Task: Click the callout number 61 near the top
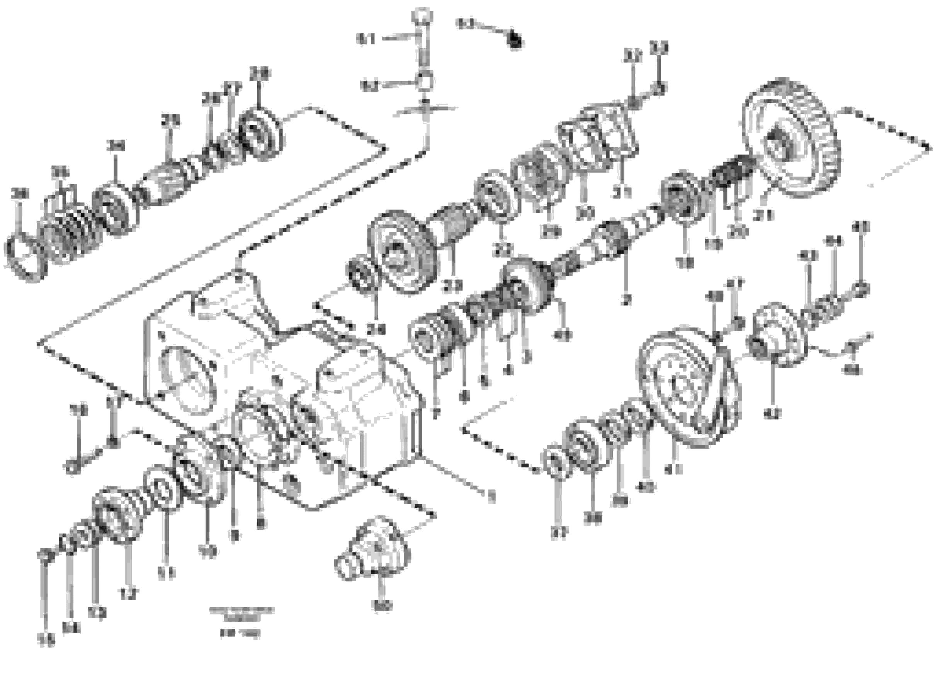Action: tap(365, 39)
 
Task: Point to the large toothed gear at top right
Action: tap(794, 137)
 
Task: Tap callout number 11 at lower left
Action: tap(166, 573)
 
